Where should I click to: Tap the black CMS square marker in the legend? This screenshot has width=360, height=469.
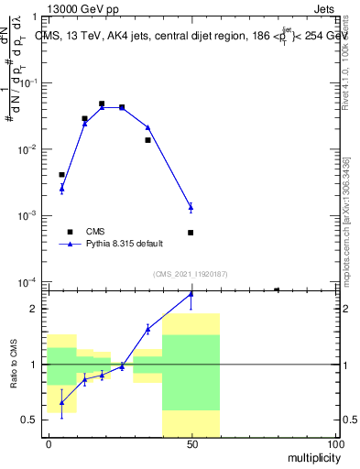tap(70, 232)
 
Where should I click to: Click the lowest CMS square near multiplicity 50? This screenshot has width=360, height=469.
tap(191, 233)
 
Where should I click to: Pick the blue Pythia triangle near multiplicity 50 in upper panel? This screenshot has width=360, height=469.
tap(191, 207)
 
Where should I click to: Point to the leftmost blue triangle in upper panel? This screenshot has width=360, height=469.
tap(61, 188)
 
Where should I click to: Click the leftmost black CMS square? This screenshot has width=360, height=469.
tap(61, 174)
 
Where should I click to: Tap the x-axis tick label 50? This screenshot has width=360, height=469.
tap(191, 443)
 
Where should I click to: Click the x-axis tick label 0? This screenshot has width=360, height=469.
tap(48, 443)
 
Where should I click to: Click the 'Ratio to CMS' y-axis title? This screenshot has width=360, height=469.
tap(13, 364)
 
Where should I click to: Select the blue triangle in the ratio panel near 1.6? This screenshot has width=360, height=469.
tap(147, 329)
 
